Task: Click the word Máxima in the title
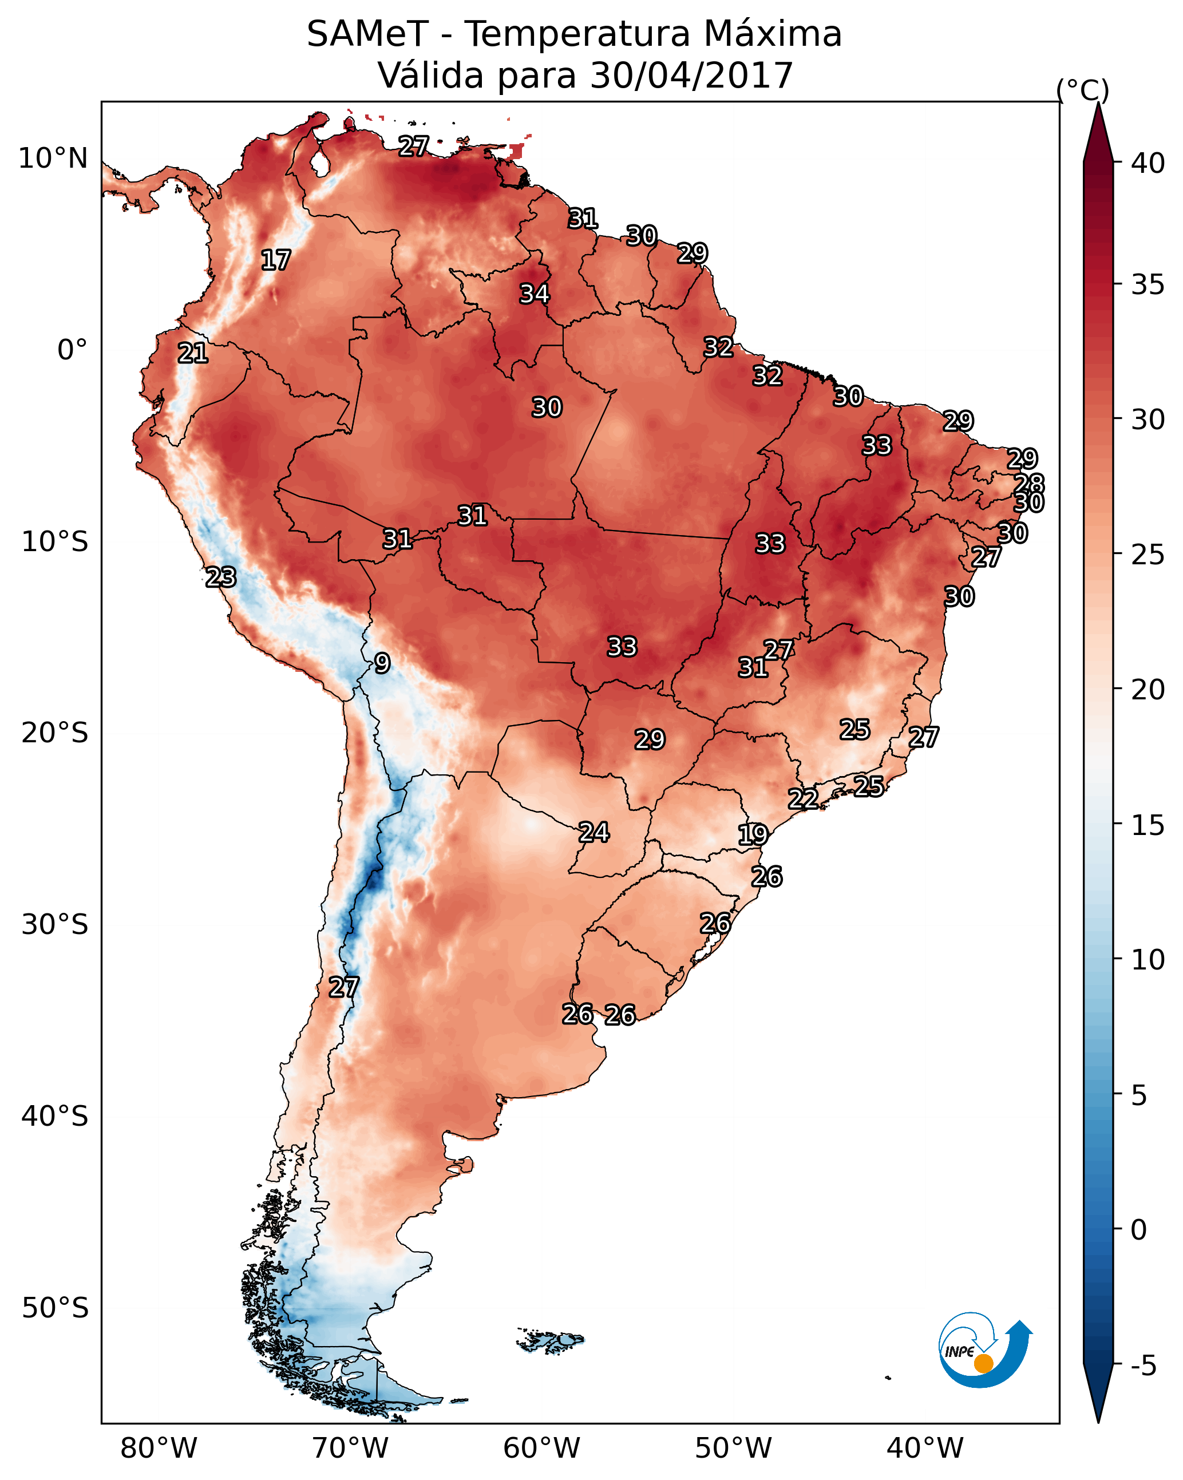tap(773, 34)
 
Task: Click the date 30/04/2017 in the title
tap(691, 76)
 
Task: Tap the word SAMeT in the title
tap(367, 34)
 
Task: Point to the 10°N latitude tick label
tap(53, 159)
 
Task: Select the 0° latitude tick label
tap(72, 350)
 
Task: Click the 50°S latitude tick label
tap(55, 1308)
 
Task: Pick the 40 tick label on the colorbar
tap(1148, 163)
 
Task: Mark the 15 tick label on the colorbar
tap(1148, 826)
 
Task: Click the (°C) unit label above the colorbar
tap(1083, 90)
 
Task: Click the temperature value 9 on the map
tap(382, 663)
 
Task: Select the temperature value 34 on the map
tap(534, 294)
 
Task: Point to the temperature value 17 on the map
tap(276, 260)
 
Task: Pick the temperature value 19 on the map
tap(753, 835)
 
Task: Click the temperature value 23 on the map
tap(221, 577)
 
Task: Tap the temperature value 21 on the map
tap(193, 353)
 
